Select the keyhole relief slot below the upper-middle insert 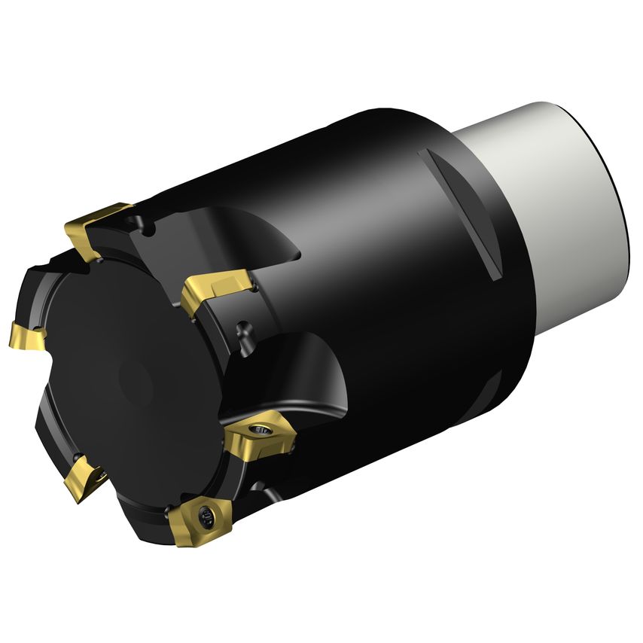click(242, 331)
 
